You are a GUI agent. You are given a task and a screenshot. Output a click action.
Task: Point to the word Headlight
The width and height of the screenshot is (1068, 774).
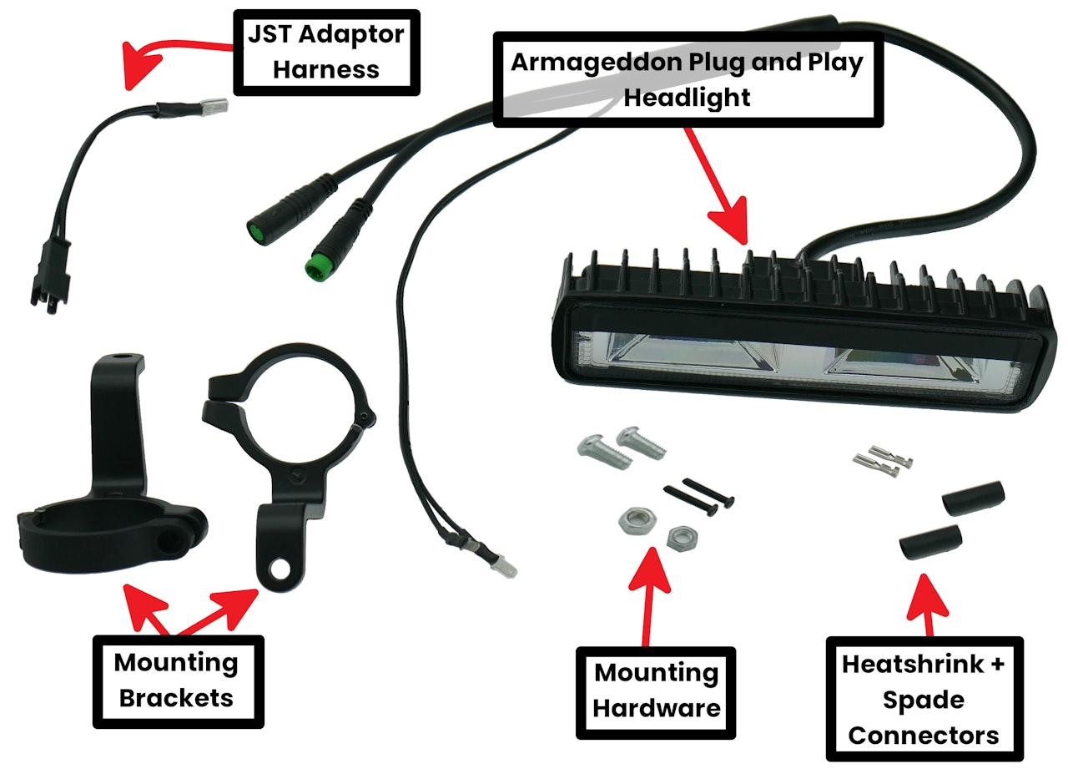[688, 97]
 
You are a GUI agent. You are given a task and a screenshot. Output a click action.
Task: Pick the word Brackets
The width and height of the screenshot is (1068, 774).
[177, 697]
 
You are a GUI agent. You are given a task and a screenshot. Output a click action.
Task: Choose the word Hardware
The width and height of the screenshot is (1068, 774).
[656, 709]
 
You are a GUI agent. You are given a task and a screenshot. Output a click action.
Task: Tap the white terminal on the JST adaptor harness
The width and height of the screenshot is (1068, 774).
[214, 107]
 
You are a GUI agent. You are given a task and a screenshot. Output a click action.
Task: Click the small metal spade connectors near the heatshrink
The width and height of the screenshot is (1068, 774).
[881, 462]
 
